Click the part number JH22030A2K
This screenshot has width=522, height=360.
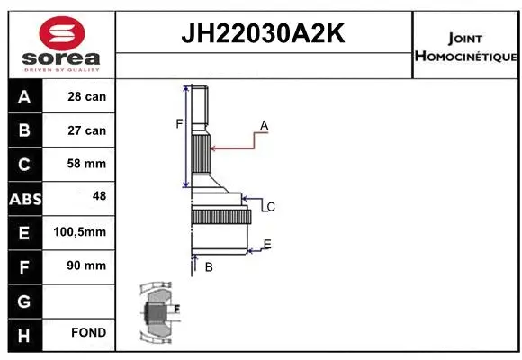tap(264, 35)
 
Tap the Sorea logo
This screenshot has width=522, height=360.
tap(60, 44)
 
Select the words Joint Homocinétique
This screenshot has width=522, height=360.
tap(465, 48)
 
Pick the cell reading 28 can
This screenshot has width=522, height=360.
tap(87, 96)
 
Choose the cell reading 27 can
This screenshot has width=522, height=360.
tap(87, 130)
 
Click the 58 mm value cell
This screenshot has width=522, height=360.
tap(87, 164)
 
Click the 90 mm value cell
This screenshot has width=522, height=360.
tap(87, 265)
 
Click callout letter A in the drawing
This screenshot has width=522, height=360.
tap(265, 124)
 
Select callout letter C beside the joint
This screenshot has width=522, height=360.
tap(270, 207)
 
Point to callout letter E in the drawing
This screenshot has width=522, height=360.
tap(266, 244)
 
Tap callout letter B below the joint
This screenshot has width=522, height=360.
tap(208, 266)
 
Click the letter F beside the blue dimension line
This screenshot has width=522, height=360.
tap(179, 123)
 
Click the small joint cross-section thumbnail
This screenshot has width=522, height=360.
tap(157, 313)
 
